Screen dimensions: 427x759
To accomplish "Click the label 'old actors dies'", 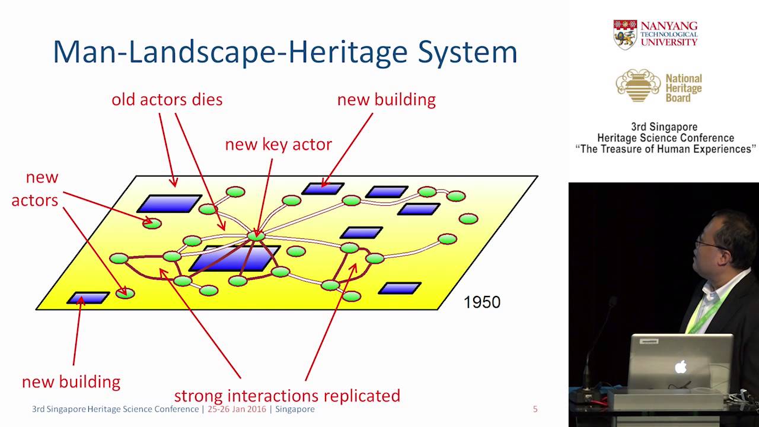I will [x=167, y=100].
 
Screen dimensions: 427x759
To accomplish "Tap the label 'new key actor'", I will [x=278, y=144].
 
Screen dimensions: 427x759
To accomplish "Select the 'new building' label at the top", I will [x=386, y=100].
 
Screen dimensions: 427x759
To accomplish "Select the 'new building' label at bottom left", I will [x=71, y=382].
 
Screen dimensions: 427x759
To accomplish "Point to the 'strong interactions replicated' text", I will [x=286, y=396].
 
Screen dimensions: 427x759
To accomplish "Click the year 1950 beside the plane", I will [x=481, y=302].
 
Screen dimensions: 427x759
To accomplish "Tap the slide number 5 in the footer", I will [x=535, y=409].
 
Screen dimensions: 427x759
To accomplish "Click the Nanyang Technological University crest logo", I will [x=625, y=34].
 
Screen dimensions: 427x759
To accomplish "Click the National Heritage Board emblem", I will [x=638, y=85].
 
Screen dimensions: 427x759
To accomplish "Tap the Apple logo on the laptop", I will [x=681, y=367].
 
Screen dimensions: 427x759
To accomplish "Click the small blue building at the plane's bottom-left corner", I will [x=88, y=297].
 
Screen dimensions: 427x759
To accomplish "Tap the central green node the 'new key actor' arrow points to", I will [x=256, y=235].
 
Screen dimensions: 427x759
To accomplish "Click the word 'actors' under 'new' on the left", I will [x=34, y=200].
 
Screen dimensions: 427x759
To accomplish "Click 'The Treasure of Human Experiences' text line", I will [x=665, y=149].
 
